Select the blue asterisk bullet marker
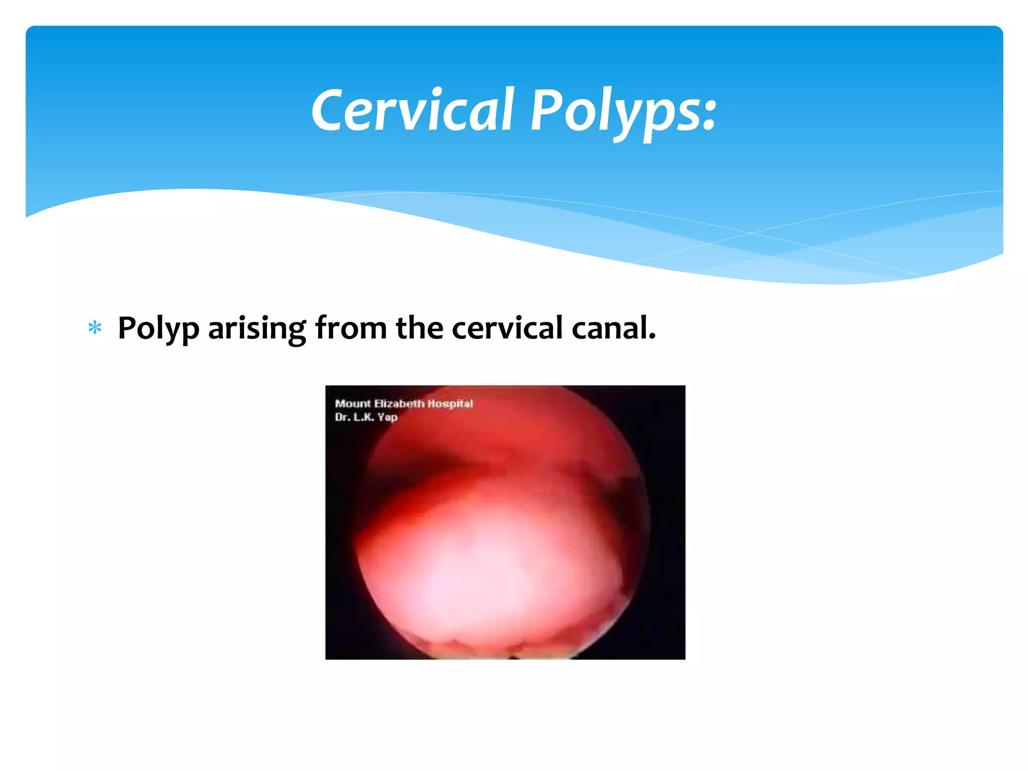coord(95,329)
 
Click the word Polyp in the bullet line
coord(158,329)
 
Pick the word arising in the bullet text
coord(256,329)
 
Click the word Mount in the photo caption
coord(352,404)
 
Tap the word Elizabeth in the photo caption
coord(399,404)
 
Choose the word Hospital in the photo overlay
coord(450,404)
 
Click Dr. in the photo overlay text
coord(342,417)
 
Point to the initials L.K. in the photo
coord(364,417)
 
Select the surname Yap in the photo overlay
coord(388,417)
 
